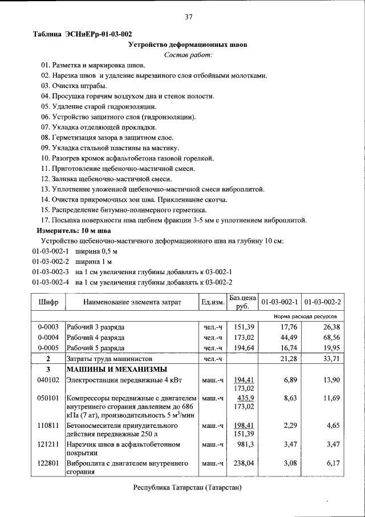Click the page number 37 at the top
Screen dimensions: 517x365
(188, 17)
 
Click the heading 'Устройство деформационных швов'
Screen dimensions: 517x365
(188, 44)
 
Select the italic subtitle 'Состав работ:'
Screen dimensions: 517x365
(188, 55)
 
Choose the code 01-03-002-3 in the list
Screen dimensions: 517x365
(50, 272)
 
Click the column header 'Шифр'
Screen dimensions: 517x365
(48, 302)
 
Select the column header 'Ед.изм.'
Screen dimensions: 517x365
(212, 302)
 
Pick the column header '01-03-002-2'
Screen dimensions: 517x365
(322, 302)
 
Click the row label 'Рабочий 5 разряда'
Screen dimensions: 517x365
(95, 347)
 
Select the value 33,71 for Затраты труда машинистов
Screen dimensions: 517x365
(329, 359)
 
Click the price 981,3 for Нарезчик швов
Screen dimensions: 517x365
(244, 444)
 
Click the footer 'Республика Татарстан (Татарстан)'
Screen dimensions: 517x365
(188, 487)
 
